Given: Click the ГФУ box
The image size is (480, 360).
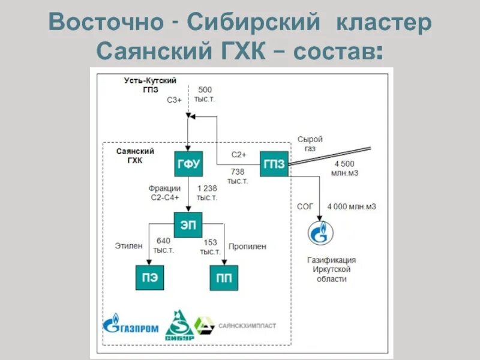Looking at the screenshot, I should coord(188,163).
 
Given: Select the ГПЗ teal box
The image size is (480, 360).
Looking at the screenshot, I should coord(274,163).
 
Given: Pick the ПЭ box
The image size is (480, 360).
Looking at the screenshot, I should coord(150,278).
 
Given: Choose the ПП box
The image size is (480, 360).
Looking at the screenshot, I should coord(223,278).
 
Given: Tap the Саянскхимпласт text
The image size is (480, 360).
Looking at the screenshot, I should coord(247,325).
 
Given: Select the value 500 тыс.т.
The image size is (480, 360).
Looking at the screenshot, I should coord(205,94).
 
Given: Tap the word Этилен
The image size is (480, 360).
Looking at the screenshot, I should coord(128,246).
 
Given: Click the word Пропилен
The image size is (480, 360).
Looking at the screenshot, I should coord(247,246).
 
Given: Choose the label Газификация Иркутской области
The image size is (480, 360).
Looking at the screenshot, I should coord(331,269).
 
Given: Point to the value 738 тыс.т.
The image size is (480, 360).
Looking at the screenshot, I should coord(238,176).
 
